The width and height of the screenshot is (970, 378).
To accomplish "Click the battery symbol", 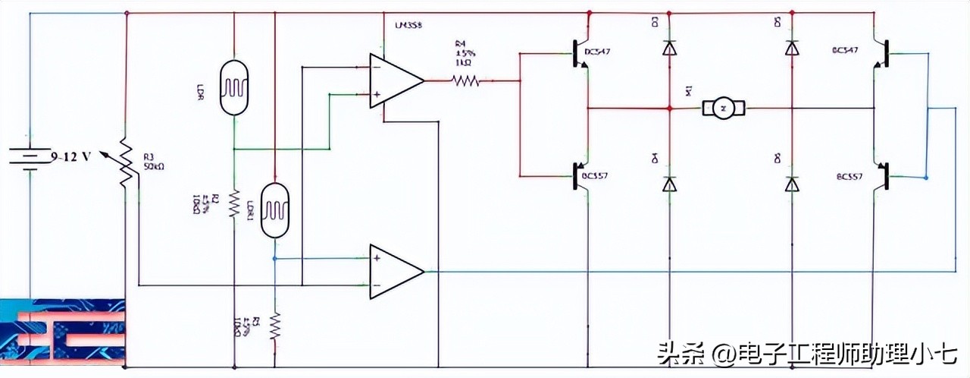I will [29, 157].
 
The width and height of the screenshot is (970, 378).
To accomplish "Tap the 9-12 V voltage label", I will [71, 157].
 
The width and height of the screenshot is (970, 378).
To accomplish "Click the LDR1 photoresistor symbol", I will [274, 210].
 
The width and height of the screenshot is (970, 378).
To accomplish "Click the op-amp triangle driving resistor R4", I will [394, 79].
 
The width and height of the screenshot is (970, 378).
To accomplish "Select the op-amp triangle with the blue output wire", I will [394, 271].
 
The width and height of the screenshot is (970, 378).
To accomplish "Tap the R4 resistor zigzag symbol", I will [466, 80].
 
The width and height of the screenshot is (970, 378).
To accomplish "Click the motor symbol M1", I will [724, 108].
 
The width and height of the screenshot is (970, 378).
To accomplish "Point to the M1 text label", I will [688, 91].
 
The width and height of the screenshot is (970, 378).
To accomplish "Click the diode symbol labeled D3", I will [668, 48].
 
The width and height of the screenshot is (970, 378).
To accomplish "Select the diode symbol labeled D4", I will [668, 184].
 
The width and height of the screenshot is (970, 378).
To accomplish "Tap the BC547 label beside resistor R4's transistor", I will [597, 52].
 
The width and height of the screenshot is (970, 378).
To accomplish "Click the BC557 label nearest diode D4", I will [595, 176].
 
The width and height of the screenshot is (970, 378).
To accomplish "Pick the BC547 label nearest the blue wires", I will [845, 50].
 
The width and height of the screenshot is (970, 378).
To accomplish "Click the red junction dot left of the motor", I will [669, 108].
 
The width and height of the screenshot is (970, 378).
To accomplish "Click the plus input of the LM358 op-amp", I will [376, 94].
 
